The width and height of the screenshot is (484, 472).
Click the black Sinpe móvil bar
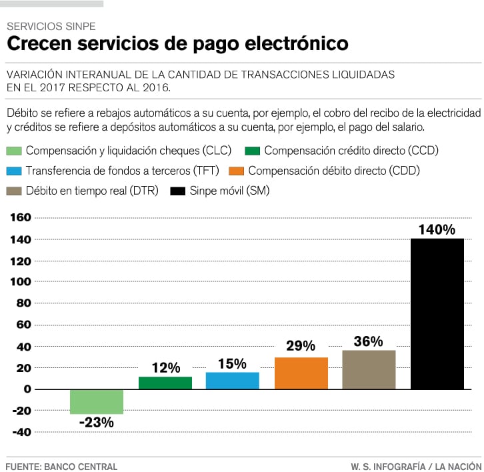[x=437, y=313]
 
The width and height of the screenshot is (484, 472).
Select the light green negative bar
[x=97, y=401]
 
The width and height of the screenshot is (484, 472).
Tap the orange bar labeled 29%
[x=301, y=373]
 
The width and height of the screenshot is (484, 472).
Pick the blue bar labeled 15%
[x=232, y=380]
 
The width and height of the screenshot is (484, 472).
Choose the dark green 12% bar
[x=165, y=383]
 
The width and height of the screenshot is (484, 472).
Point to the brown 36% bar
[x=369, y=369]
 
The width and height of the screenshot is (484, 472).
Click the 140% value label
[x=437, y=230]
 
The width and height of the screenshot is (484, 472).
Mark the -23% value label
[x=96, y=422]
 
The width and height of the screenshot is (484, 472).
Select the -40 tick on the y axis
[x=21, y=432]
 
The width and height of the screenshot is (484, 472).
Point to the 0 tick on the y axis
[x=27, y=389]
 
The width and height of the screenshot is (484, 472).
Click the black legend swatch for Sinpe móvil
[x=177, y=191]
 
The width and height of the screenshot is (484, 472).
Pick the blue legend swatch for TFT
[x=14, y=171]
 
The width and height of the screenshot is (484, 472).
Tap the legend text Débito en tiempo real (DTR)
[x=92, y=191]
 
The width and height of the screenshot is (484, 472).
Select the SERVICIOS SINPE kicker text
[x=51, y=27]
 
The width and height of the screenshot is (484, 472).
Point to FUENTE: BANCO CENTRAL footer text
[x=61, y=467]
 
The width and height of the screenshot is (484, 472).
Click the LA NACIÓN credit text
[x=459, y=467]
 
